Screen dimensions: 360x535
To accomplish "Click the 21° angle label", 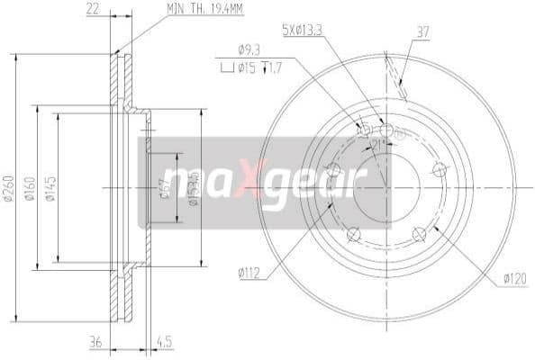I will pos(379,142).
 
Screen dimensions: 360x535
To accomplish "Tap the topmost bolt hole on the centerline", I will pos(387,130).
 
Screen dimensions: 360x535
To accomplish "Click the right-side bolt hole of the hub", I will pos(440,168).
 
